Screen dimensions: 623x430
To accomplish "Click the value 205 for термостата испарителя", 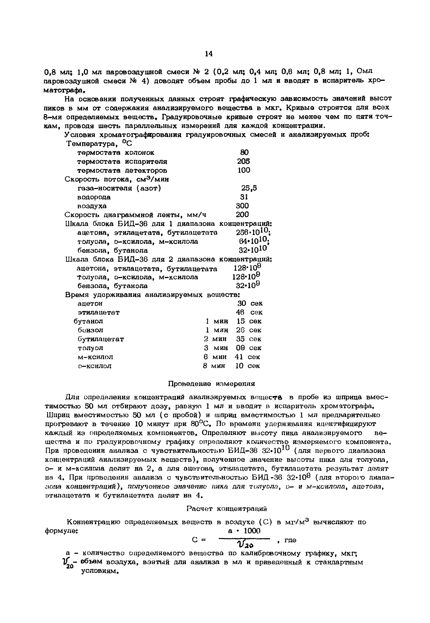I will click(x=243, y=161).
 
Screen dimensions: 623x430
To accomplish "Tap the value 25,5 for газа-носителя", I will click(x=249, y=188).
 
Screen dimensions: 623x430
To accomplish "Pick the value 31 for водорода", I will click(x=244, y=197).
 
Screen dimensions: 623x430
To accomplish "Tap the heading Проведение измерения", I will click(x=211, y=384).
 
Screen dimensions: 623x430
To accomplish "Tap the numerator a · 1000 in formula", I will click(x=244, y=531).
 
